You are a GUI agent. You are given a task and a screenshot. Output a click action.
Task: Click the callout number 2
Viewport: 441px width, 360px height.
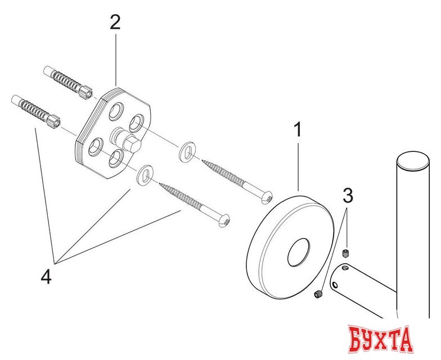(115, 22)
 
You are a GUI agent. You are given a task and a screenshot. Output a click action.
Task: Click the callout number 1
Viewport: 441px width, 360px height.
(297, 129)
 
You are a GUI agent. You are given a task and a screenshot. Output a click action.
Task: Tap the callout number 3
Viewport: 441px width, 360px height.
(348, 196)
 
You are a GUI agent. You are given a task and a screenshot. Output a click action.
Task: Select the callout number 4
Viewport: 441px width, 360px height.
(46, 276)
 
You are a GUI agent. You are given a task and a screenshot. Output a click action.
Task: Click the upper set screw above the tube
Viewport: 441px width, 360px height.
(345, 253)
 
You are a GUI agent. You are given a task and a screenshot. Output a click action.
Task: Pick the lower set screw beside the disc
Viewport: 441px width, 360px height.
(318, 295)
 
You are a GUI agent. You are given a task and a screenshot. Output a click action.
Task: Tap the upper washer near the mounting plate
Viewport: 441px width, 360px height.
(187, 152)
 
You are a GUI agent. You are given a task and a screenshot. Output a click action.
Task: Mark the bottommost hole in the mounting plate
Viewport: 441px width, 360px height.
(116, 159)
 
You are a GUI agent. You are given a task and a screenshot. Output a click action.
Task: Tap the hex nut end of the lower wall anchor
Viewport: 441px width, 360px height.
(54, 121)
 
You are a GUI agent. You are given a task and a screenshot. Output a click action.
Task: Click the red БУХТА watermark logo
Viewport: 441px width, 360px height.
(380, 339)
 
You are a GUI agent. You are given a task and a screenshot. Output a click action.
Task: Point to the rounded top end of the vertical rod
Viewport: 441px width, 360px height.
(413, 161)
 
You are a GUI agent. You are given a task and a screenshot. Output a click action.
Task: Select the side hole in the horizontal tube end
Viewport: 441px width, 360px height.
(335, 285)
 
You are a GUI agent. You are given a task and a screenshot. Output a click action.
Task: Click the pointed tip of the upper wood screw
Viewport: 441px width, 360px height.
(202, 161)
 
